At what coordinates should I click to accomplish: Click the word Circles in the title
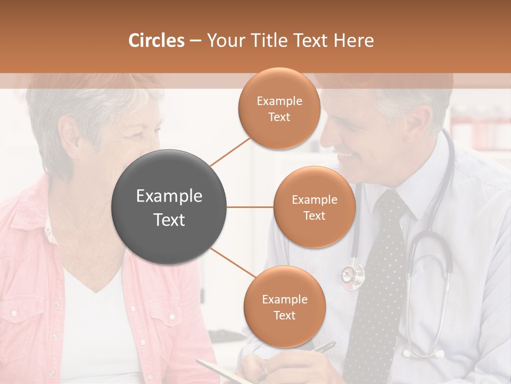pos(156,41)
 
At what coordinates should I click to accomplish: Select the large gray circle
pos(169,207)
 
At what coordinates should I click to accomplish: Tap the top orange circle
pos(279,108)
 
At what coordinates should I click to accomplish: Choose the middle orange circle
pos(314,207)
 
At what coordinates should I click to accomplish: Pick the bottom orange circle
pos(284,307)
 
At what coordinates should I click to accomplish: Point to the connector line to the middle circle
pos(250,207)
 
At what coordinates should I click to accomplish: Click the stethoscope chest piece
pos(353,275)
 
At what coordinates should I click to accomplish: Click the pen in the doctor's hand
pos(324,347)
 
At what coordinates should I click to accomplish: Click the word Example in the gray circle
pos(169,196)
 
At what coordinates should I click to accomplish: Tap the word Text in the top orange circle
pos(279,117)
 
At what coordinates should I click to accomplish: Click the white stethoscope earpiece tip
pos(439,353)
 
